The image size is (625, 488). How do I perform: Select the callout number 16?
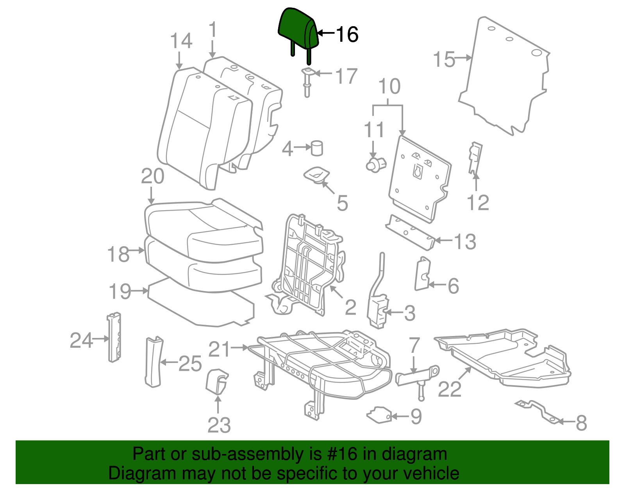[347, 34]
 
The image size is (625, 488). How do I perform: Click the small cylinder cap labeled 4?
[317, 148]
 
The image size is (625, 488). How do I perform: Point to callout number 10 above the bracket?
[389, 87]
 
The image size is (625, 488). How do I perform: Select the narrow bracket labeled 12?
[475, 158]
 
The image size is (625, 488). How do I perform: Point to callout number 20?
[152, 177]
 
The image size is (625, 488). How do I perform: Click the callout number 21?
[220, 349]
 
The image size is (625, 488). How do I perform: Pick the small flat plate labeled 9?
[379, 415]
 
